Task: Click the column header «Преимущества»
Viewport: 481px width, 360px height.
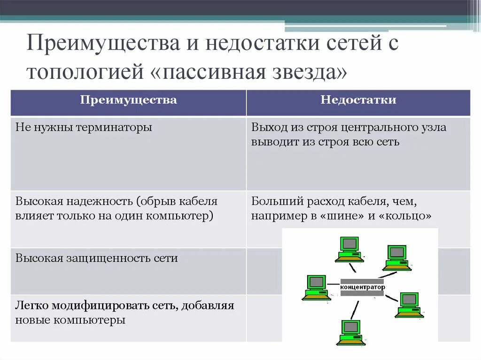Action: [x=128, y=100]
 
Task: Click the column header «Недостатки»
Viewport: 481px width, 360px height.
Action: [x=358, y=100]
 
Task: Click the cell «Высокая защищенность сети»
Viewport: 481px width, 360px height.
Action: [x=97, y=258]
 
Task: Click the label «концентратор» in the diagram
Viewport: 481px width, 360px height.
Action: [x=362, y=287]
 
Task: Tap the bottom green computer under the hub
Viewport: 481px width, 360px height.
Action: [x=350, y=332]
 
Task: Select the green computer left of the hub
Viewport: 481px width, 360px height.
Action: [x=316, y=287]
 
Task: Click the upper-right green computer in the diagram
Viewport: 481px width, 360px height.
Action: [x=397, y=257]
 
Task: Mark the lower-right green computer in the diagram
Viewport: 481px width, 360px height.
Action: [x=409, y=304]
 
